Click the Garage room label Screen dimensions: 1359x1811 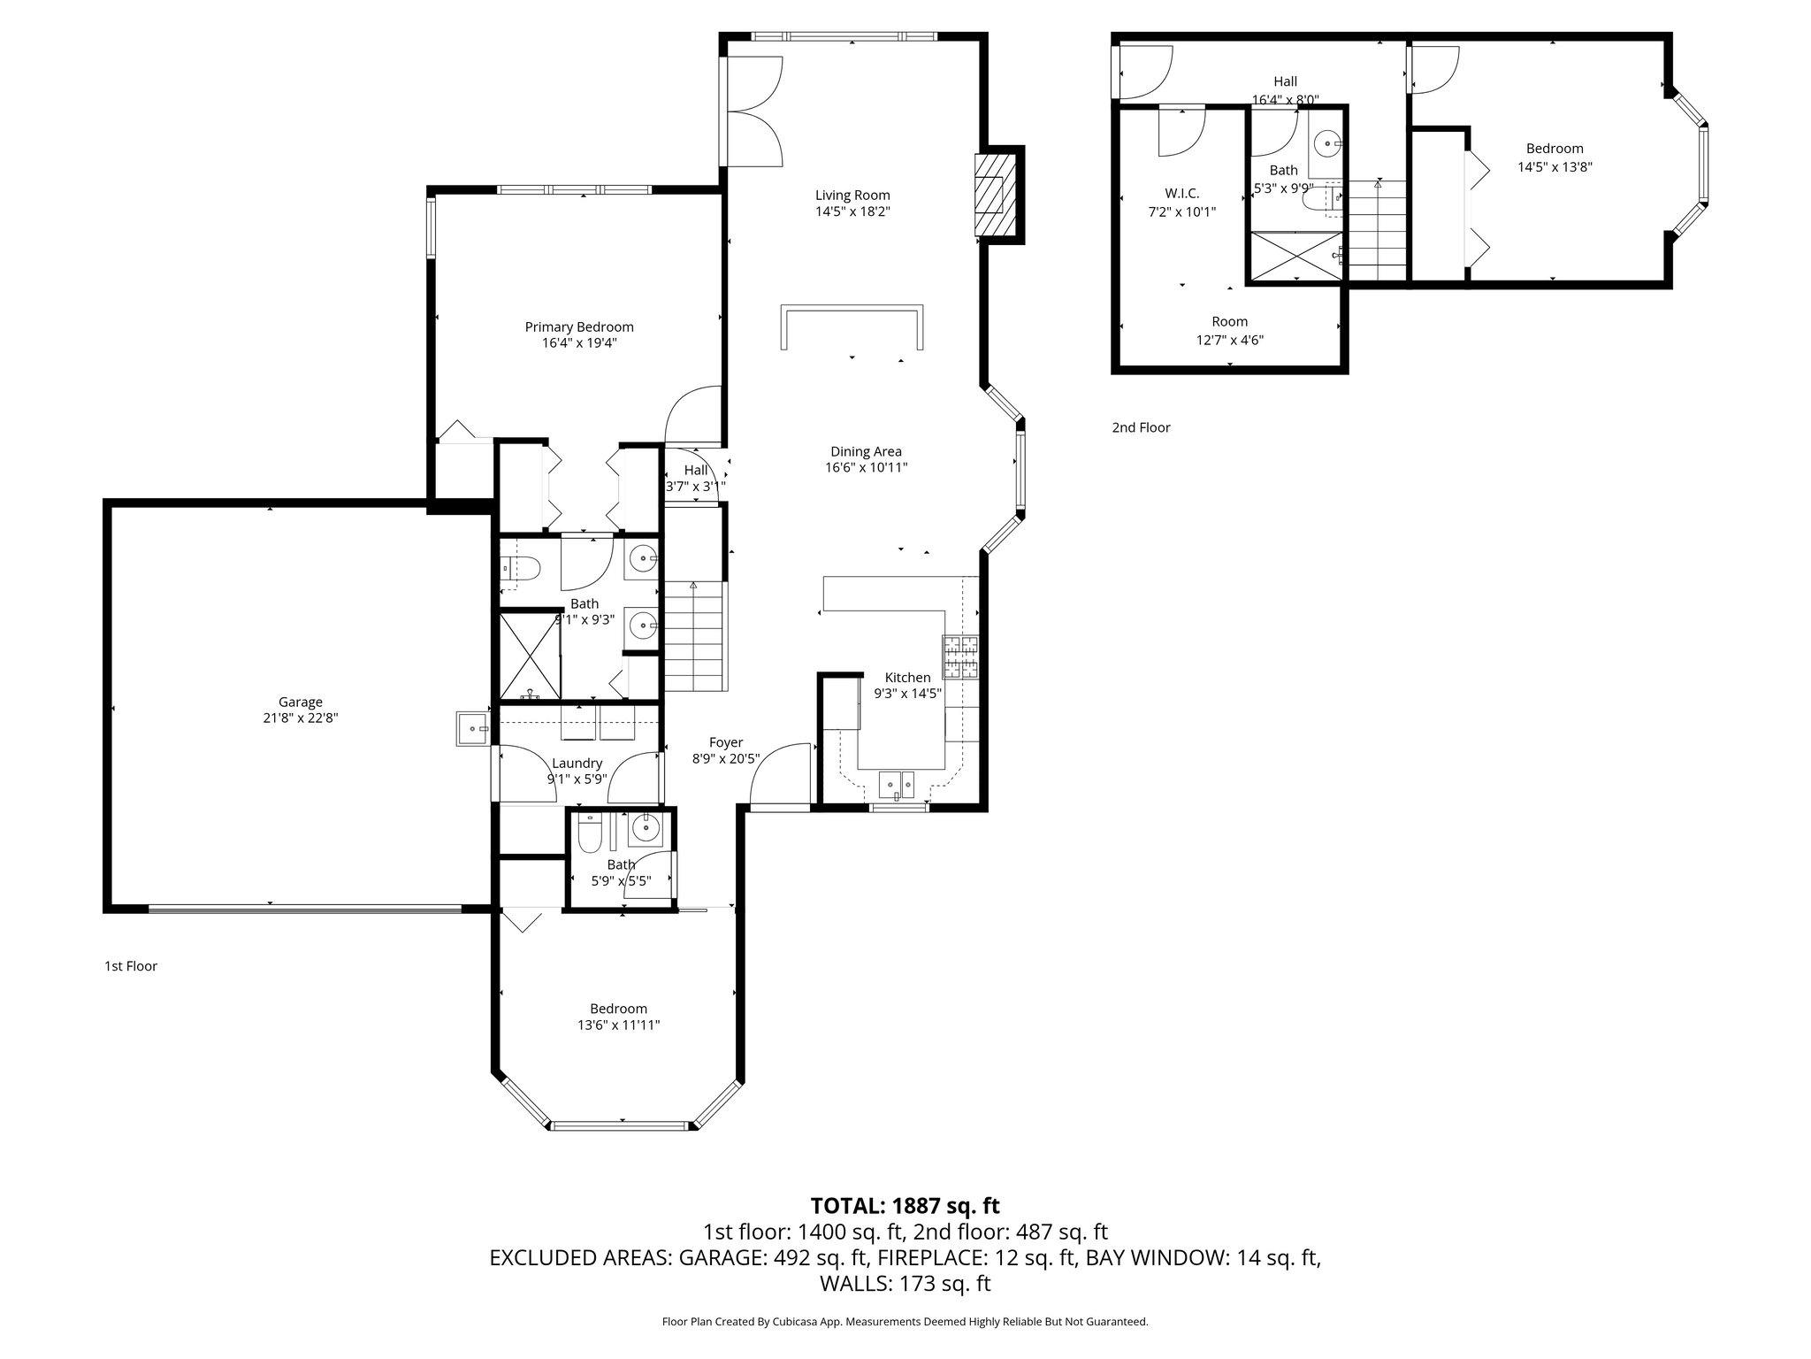point(300,702)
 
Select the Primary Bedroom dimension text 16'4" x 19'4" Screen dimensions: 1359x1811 point(579,343)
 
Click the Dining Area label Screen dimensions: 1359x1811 point(866,451)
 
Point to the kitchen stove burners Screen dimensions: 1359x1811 point(961,656)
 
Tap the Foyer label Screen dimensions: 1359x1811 point(726,742)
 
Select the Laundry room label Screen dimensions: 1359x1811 point(577,763)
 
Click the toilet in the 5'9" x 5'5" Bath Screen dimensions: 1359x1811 point(589,832)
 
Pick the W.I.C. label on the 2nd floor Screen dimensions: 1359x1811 point(1181,194)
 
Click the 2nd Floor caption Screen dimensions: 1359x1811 point(1141,427)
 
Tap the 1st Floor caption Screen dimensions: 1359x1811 point(131,965)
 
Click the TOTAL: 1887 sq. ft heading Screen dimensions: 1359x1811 point(905,1205)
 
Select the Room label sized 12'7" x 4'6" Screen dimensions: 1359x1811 point(1229,322)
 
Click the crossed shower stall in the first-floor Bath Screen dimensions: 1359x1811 point(530,656)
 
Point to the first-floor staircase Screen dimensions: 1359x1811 point(694,637)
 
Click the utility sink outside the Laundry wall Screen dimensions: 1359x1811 point(473,728)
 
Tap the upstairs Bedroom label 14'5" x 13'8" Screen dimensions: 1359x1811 point(1555,149)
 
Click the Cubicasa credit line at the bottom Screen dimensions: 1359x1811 point(905,1322)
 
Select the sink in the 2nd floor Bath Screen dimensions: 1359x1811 point(1327,142)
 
